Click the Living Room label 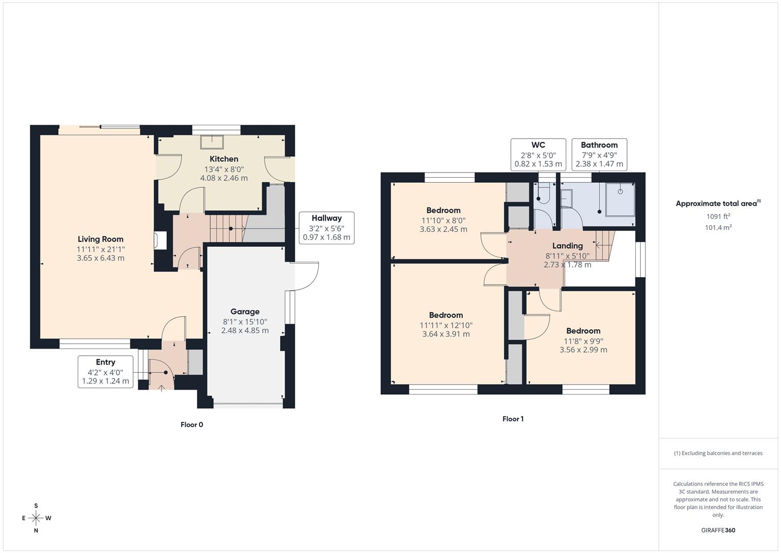point(100,239)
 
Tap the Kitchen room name point(224,159)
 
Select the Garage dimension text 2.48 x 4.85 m point(244,331)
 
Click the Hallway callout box point(326,228)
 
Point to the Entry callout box point(105,372)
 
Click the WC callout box point(538,155)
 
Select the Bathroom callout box point(599,155)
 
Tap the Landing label point(567,246)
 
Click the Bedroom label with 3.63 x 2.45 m point(443,210)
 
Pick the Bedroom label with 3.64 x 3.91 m point(445,315)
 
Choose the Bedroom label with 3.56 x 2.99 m point(583,331)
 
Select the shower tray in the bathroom point(620,199)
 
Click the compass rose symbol point(36,518)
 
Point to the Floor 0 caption point(192,424)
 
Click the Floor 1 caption point(513,419)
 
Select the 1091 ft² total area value point(718,217)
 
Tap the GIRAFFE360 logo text point(718,530)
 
